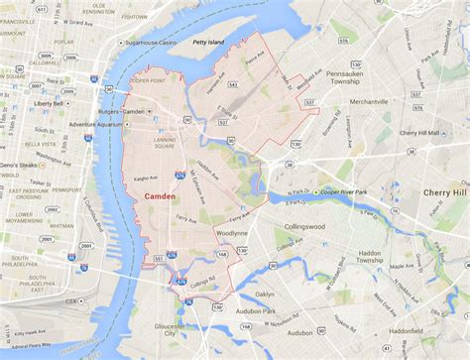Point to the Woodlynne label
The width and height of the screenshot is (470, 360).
231,233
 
